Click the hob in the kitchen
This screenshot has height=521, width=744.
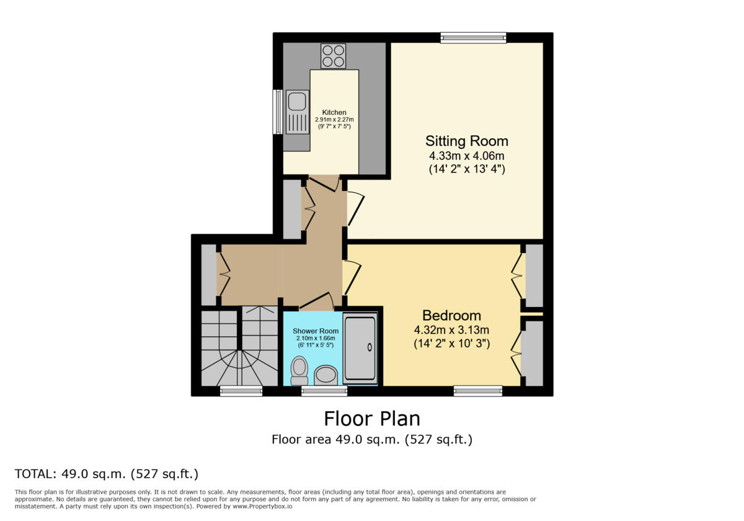tap(333, 56)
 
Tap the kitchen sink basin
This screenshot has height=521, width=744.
tap(296, 101)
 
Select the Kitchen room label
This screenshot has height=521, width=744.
tap(334, 112)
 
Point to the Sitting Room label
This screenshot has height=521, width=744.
tap(467, 141)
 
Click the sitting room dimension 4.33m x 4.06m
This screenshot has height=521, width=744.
tap(467, 156)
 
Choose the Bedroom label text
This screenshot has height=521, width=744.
tap(452, 315)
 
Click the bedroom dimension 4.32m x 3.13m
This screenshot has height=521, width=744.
tap(452, 330)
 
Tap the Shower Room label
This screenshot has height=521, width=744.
tap(316, 331)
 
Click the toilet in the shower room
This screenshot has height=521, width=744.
tap(299, 371)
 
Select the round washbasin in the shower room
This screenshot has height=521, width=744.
tap(326, 375)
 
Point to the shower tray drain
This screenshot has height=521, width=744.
tap(370, 347)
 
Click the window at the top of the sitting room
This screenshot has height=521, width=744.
tap(473, 38)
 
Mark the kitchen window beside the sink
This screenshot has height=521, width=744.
tap(278, 112)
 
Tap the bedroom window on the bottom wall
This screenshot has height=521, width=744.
tap(478, 391)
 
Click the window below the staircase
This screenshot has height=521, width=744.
tap(241, 391)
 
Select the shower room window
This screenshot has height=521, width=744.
tap(324, 391)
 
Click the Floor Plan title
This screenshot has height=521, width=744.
tap(372, 419)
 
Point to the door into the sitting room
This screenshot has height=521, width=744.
tap(355, 208)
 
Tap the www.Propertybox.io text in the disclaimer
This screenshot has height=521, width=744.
tap(262, 506)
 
